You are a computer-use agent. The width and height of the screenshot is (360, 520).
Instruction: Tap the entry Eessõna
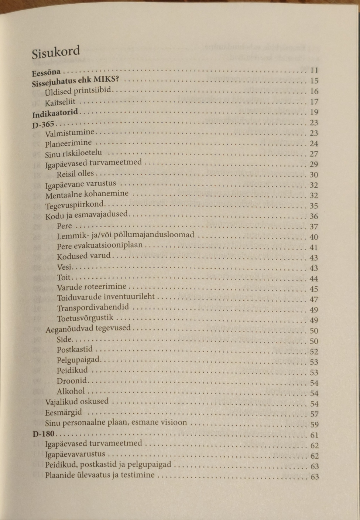(46, 72)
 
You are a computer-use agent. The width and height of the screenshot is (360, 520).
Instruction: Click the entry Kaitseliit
(60, 102)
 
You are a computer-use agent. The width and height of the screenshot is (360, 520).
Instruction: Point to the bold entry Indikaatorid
(55, 113)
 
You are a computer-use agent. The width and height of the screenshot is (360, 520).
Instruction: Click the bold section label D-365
(43, 124)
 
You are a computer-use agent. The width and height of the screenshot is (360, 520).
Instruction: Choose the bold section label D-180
(43, 434)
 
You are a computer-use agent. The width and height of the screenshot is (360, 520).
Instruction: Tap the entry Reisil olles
(75, 174)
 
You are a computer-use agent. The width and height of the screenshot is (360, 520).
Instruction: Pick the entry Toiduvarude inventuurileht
(106, 297)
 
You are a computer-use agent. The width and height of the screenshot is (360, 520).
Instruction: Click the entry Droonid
(72, 381)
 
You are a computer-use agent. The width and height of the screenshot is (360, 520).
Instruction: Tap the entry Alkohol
(71, 391)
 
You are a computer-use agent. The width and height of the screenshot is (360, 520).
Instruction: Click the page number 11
(314, 70)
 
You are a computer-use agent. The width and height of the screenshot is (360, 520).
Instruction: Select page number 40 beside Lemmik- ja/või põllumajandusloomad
(314, 237)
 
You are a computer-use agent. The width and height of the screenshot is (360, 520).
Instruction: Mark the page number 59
(314, 425)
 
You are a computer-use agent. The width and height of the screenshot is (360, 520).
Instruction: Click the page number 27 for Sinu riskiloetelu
(314, 154)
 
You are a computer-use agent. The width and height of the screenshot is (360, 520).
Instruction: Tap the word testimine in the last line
(137, 475)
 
